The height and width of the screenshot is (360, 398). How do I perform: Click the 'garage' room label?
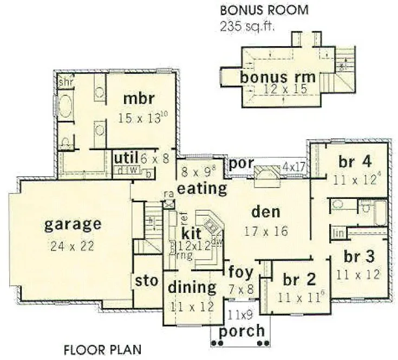point(73,223)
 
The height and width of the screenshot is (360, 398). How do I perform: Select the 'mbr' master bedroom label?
point(140,99)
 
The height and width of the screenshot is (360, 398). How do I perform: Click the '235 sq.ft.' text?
point(246,25)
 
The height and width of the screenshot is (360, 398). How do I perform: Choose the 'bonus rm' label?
point(278,77)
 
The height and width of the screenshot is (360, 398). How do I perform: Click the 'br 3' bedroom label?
point(356,255)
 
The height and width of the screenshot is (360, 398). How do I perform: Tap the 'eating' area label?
point(201,189)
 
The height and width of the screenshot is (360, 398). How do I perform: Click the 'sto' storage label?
point(146,281)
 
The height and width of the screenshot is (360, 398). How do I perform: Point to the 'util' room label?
point(126,158)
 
